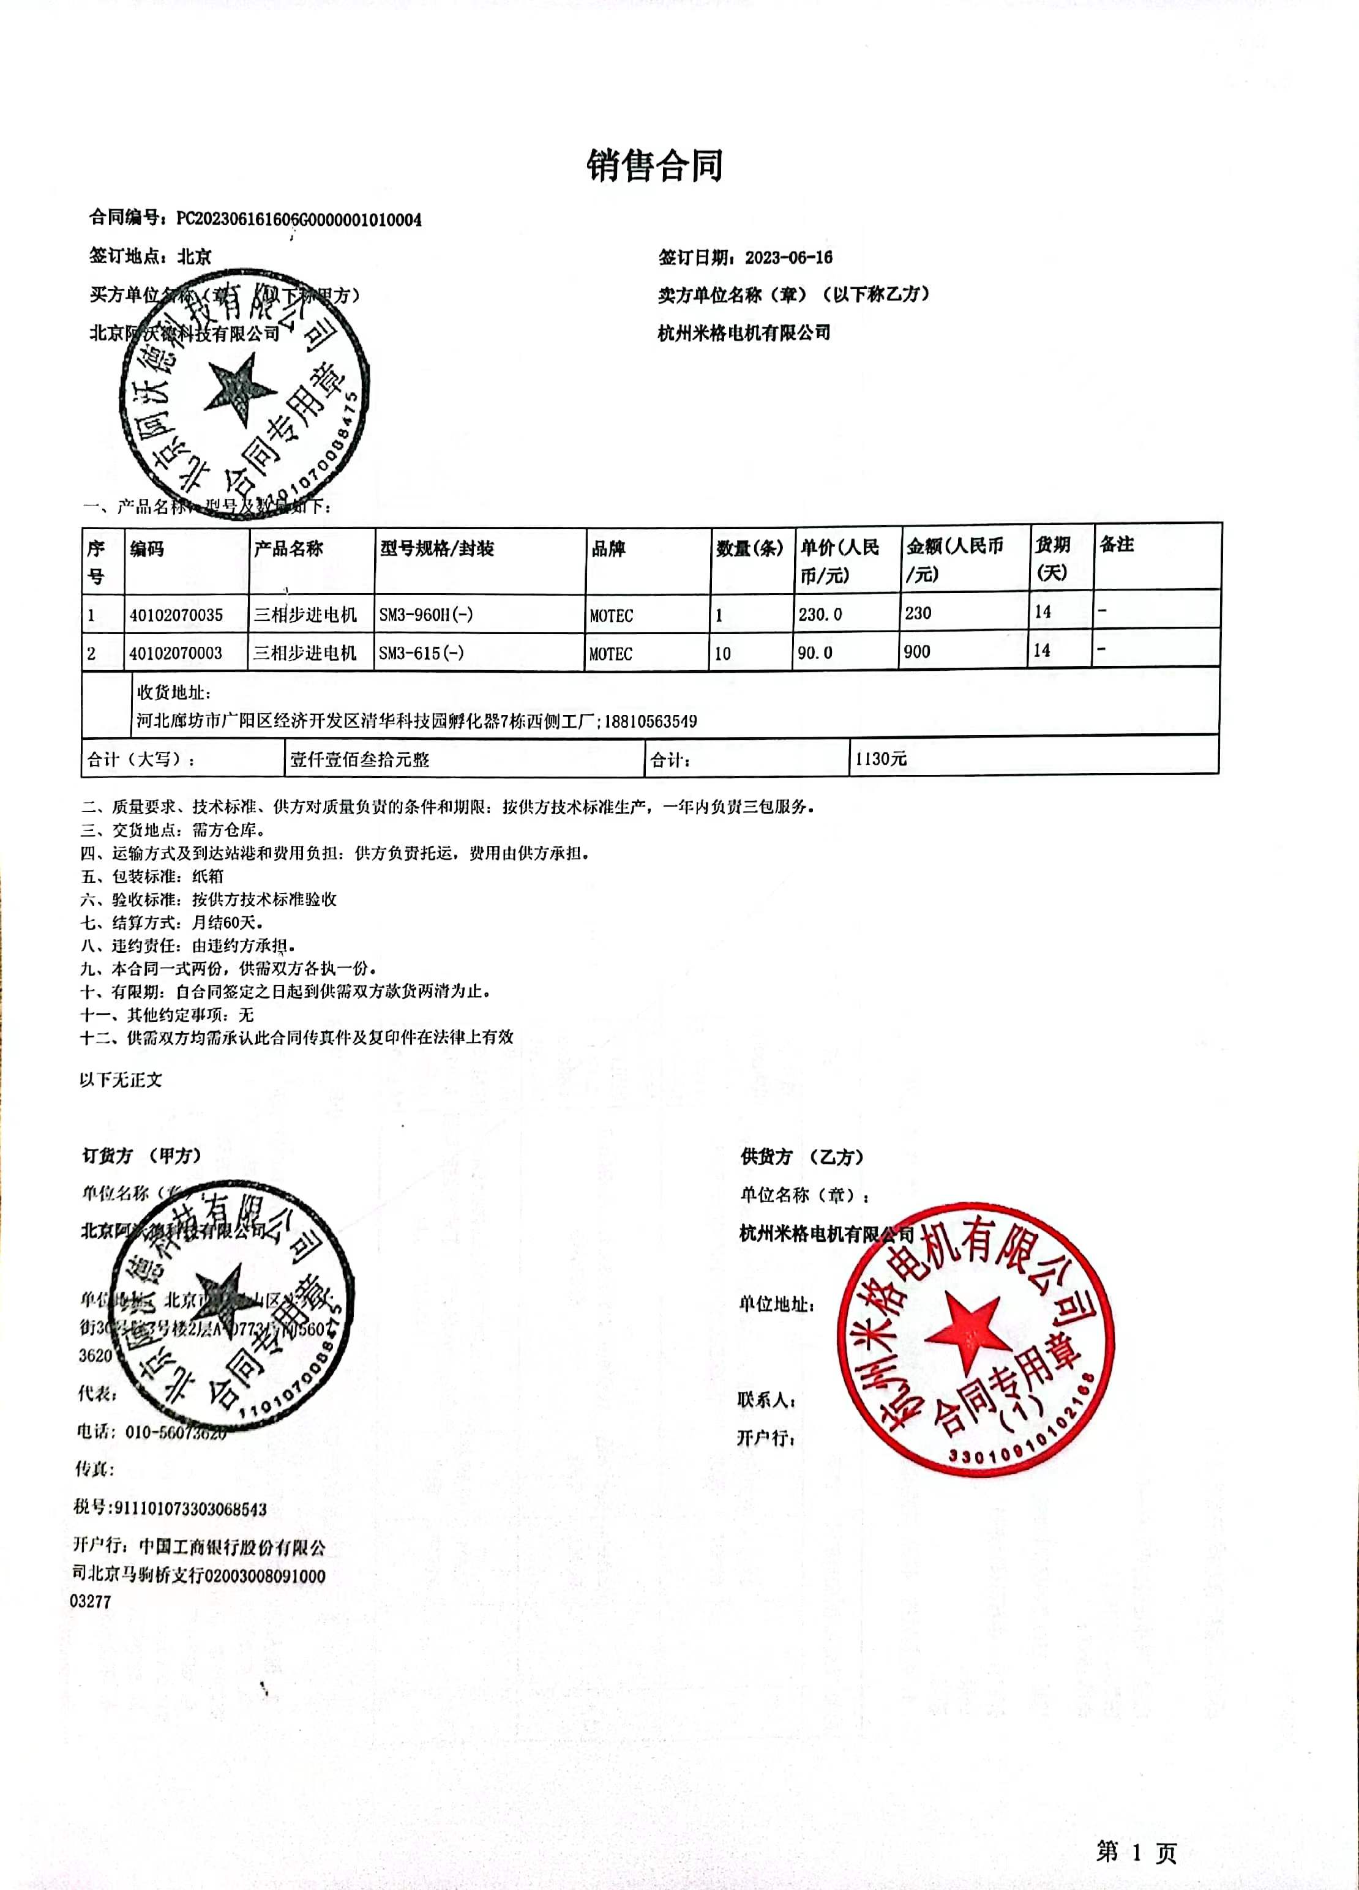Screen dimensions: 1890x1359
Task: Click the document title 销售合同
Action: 654,166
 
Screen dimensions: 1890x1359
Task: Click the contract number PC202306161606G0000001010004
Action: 299,220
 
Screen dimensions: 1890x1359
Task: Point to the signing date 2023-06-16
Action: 788,258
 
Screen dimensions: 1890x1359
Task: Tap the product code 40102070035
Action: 176,615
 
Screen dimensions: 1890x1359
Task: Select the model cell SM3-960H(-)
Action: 426,615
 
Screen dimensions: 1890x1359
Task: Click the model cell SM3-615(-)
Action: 421,653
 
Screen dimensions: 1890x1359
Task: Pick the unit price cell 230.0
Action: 820,614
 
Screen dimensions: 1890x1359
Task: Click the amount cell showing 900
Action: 916,652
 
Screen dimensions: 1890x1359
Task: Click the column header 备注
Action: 1117,545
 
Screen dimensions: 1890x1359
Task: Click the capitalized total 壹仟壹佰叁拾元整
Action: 359,759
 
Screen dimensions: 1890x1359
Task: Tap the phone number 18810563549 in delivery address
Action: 650,721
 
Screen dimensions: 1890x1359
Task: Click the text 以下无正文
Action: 121,1080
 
